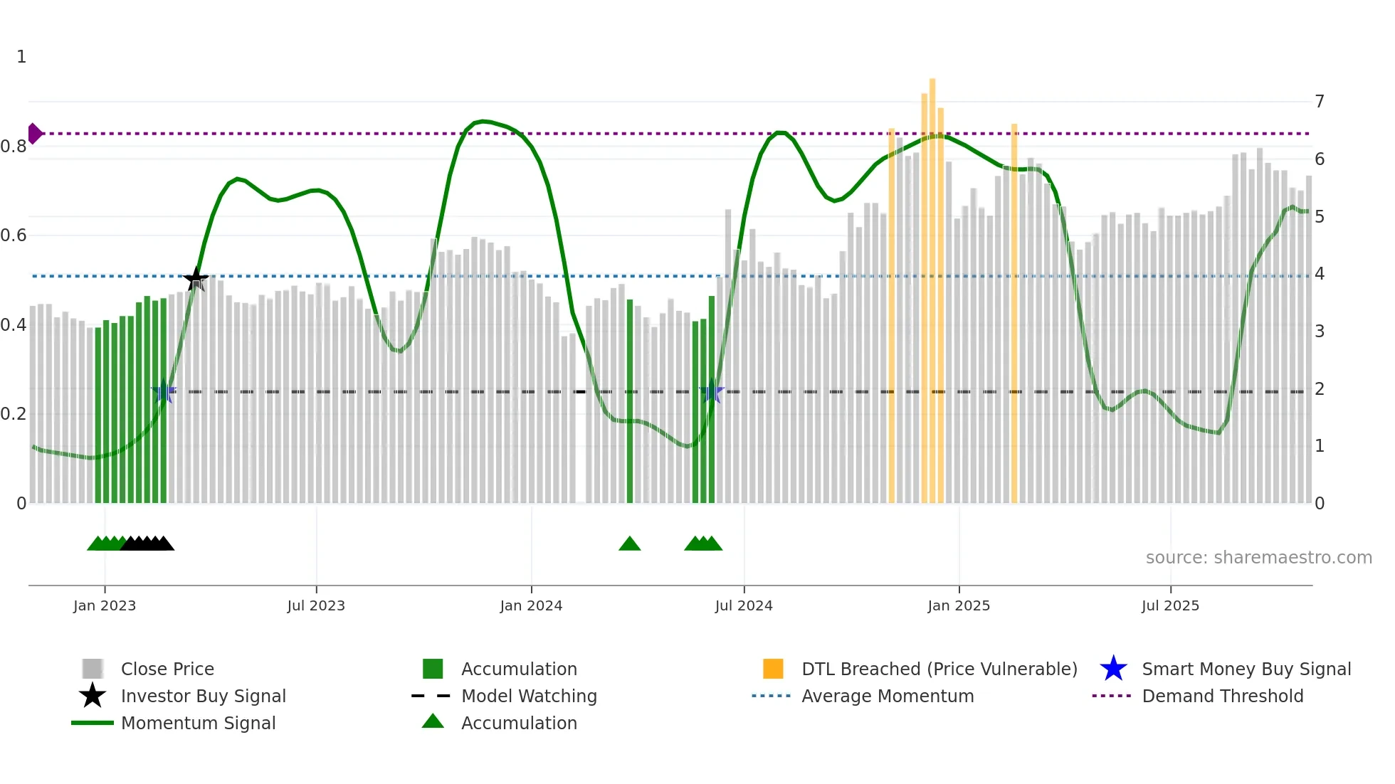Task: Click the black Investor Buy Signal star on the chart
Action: tap(196, 279)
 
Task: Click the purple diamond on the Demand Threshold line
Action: tap(34, 133)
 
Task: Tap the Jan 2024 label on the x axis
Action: tap(531, 605)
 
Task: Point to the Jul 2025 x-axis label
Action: tap(1170, 605)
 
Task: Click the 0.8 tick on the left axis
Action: tap(14, 147)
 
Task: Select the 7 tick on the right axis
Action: tap(1320, 102)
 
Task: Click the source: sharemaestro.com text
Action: tap(1258, 558)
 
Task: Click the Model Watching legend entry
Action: tap(528, 696)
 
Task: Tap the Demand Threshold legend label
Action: tap(1222, 696)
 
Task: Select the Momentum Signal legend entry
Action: tap(198, 723)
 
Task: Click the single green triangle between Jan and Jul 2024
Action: tap(630, 544)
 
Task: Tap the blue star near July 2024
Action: tap(711, 391)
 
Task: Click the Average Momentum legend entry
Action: tap(887, 696)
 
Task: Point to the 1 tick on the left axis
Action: tap(21, 57)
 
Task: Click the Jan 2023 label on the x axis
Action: tap(105, 605)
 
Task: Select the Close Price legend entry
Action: tap(167, 669)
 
